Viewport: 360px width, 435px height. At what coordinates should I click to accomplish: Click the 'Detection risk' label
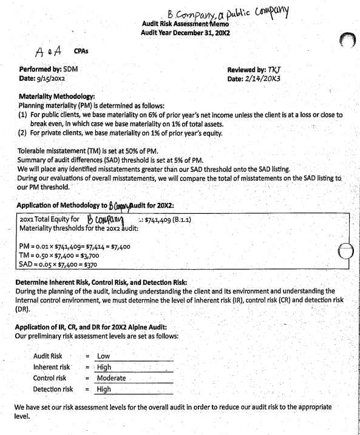click(x=53, y=389)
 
